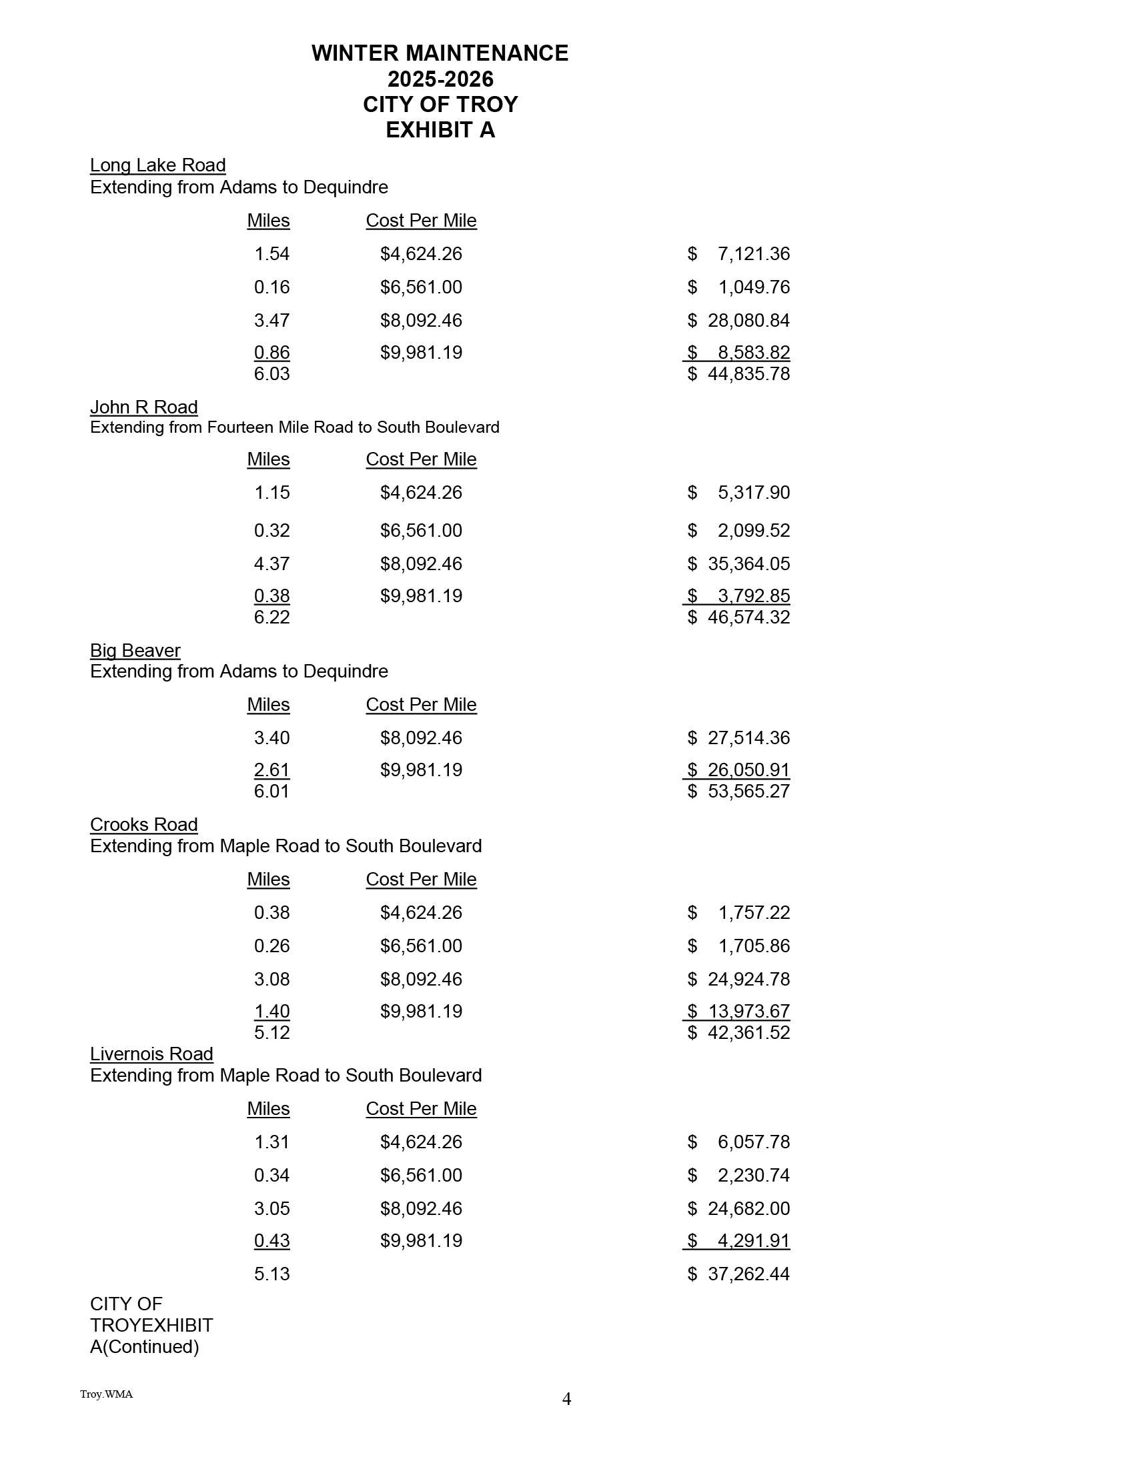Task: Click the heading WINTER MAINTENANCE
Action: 440,53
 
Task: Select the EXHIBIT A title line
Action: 440,129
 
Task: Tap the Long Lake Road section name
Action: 157,165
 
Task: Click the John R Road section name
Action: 144,407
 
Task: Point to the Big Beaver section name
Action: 135,650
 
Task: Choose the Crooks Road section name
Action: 144,824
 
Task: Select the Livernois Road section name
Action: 151,1054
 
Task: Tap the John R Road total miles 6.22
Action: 271,617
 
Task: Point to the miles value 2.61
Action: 271,770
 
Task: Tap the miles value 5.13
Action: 271,1274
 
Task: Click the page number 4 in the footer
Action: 566,1398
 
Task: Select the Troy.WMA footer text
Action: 106,1394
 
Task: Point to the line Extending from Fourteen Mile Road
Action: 294,427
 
